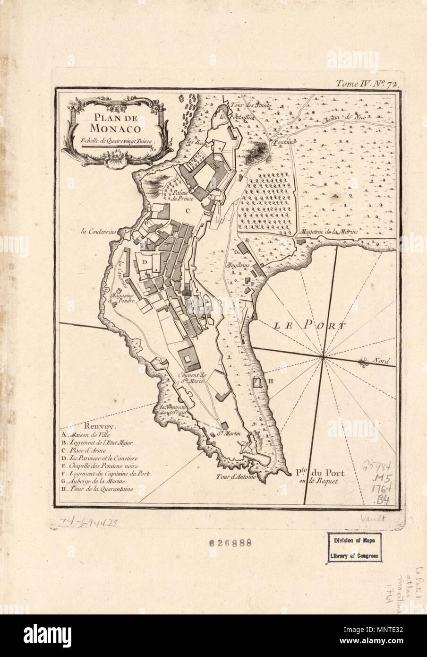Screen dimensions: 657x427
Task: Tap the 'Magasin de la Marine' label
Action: point(330,232)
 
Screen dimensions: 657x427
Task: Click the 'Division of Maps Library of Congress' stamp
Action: point(355,548)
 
